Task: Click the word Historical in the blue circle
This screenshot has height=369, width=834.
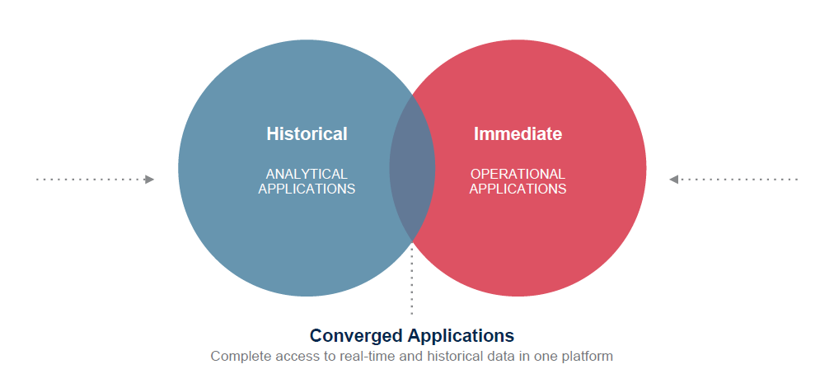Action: (x=307, y=133)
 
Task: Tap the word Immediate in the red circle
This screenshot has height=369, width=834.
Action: (x=518, y=133)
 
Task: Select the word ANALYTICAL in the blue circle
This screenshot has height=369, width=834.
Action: (x=307, y=174)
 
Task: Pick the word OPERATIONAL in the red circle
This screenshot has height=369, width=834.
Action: (x=518, y=174)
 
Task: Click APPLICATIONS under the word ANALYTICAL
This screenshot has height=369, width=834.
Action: (x=307, y=189)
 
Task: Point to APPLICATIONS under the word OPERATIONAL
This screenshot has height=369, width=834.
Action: (x=518, y=189)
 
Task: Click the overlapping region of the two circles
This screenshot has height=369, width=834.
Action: (x=412, y=169)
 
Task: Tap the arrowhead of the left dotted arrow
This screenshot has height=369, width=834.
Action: (x=149, y=179)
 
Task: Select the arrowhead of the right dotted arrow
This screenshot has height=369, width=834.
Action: (x=674, y=179)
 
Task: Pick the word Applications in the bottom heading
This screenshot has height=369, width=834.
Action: (x=465, y=336)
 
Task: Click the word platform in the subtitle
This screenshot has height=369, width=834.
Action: (x=588, y=357)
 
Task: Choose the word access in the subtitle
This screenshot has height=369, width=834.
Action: (x=291, y=357)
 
